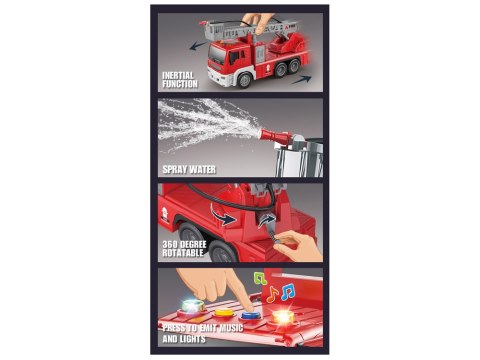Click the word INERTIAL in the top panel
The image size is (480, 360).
pyautogui.click(x=178, y=76)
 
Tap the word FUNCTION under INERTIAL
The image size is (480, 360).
pyautogui.click(x=180, y=84)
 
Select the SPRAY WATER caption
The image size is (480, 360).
pyautogui.click(x=189, y=170)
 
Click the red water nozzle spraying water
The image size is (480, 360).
pyautogui.click(x=275, y=136)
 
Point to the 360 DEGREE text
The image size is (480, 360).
pyautogui.click(x=184, y=244)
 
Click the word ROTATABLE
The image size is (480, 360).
pyautogui.click(x=183, y=253)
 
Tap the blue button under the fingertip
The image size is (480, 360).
pyautogui.click(x=250, y=315)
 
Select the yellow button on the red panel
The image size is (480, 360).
pyautogui.click(x=223, y=313)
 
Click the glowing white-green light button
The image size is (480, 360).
pyautogui.click(x=191, y=307)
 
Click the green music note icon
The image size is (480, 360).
pyautogui.click(x=260, y=278)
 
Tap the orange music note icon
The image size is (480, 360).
pyautogui.click(x=272, y=294)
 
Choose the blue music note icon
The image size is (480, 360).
pyautogui.click(x=287, y=292)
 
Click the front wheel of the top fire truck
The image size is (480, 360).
pyautogui.click(x=245, y=80)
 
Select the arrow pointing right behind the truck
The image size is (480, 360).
pyautogui.click(x=302, y=80)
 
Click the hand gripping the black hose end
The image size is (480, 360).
pyautogui.click(x=298, y=245)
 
